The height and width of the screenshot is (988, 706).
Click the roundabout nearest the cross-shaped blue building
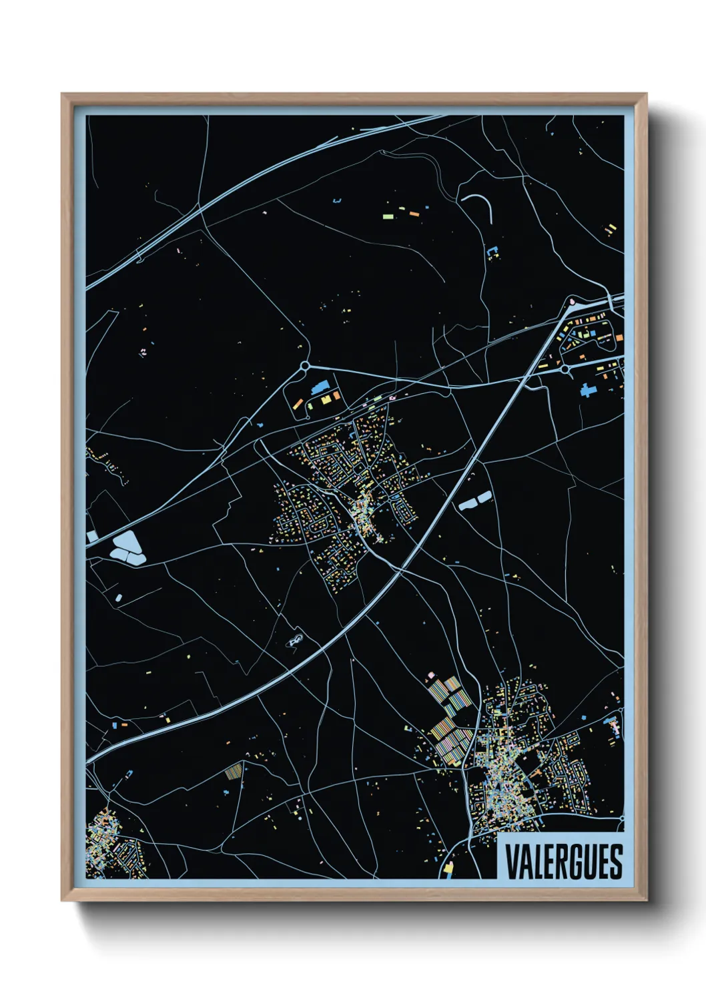(x=565, y=368)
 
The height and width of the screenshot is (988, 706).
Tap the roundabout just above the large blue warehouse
(x=305, y=365)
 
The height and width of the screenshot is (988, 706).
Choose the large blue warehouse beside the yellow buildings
(x=321, y=387)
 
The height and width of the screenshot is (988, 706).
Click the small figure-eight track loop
(x=295, y=641)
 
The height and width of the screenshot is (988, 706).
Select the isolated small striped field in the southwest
(x=232, y=771)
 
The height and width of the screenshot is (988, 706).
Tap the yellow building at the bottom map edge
(x=448, y=868)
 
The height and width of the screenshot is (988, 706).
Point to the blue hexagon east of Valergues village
(x=584, y=718)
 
